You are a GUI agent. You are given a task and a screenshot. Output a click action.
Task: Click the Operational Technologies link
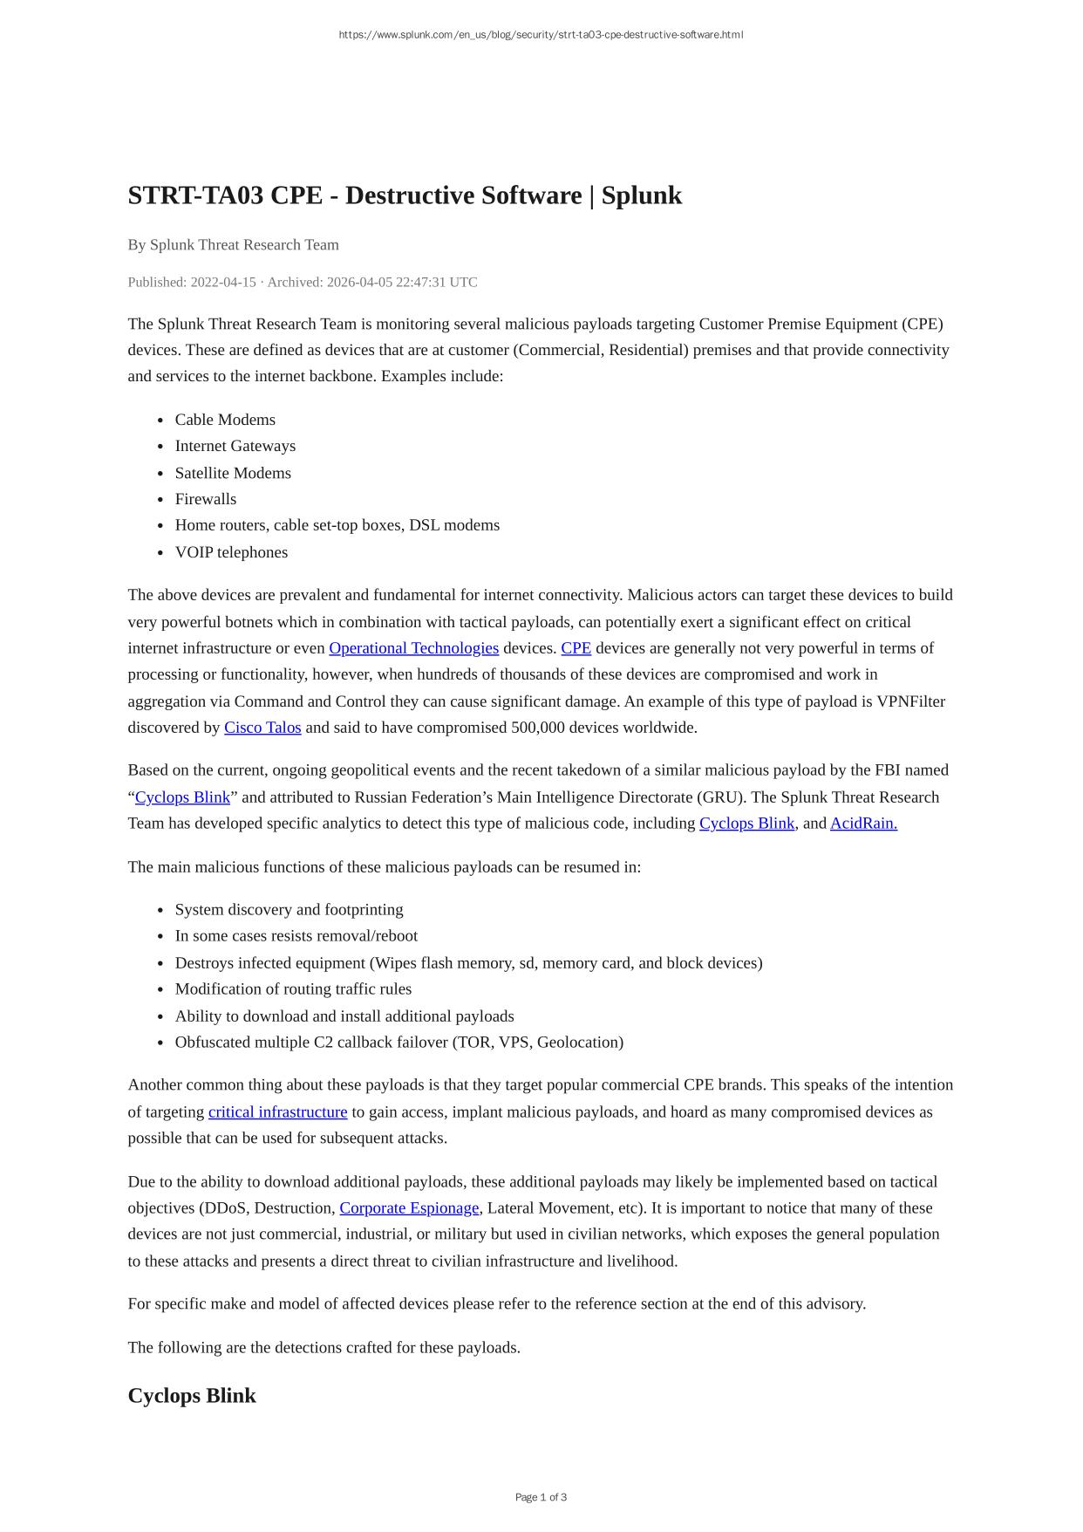click(413, 648)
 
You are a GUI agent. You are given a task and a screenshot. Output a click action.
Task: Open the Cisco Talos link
click(262, 728)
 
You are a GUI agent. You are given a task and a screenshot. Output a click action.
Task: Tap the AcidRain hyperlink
click(863, 824)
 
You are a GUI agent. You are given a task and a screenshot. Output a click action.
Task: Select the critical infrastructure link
click(277, 1112)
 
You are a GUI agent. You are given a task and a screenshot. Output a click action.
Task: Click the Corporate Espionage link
click(409, 1208)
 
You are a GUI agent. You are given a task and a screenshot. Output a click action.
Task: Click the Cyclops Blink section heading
click(192, 1396)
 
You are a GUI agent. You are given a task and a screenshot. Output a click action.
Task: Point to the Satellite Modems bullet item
click(233, 473)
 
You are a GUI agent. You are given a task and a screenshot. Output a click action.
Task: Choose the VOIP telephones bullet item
click(231, 552)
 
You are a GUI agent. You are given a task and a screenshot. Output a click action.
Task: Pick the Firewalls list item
click(206, 499)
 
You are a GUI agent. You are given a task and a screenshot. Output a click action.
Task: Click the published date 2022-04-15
click(223, 283)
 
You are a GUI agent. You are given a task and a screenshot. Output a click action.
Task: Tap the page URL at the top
click(541, 35)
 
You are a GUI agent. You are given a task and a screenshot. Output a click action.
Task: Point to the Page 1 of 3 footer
click(541, 1497)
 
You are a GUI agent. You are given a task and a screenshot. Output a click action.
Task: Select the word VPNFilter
click(910, 701)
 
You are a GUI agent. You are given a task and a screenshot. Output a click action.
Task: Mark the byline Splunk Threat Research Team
click(244, 245)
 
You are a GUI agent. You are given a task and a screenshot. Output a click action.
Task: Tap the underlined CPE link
click(576, 648)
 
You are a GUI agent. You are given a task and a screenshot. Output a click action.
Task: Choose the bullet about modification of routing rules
click(293, 989)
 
